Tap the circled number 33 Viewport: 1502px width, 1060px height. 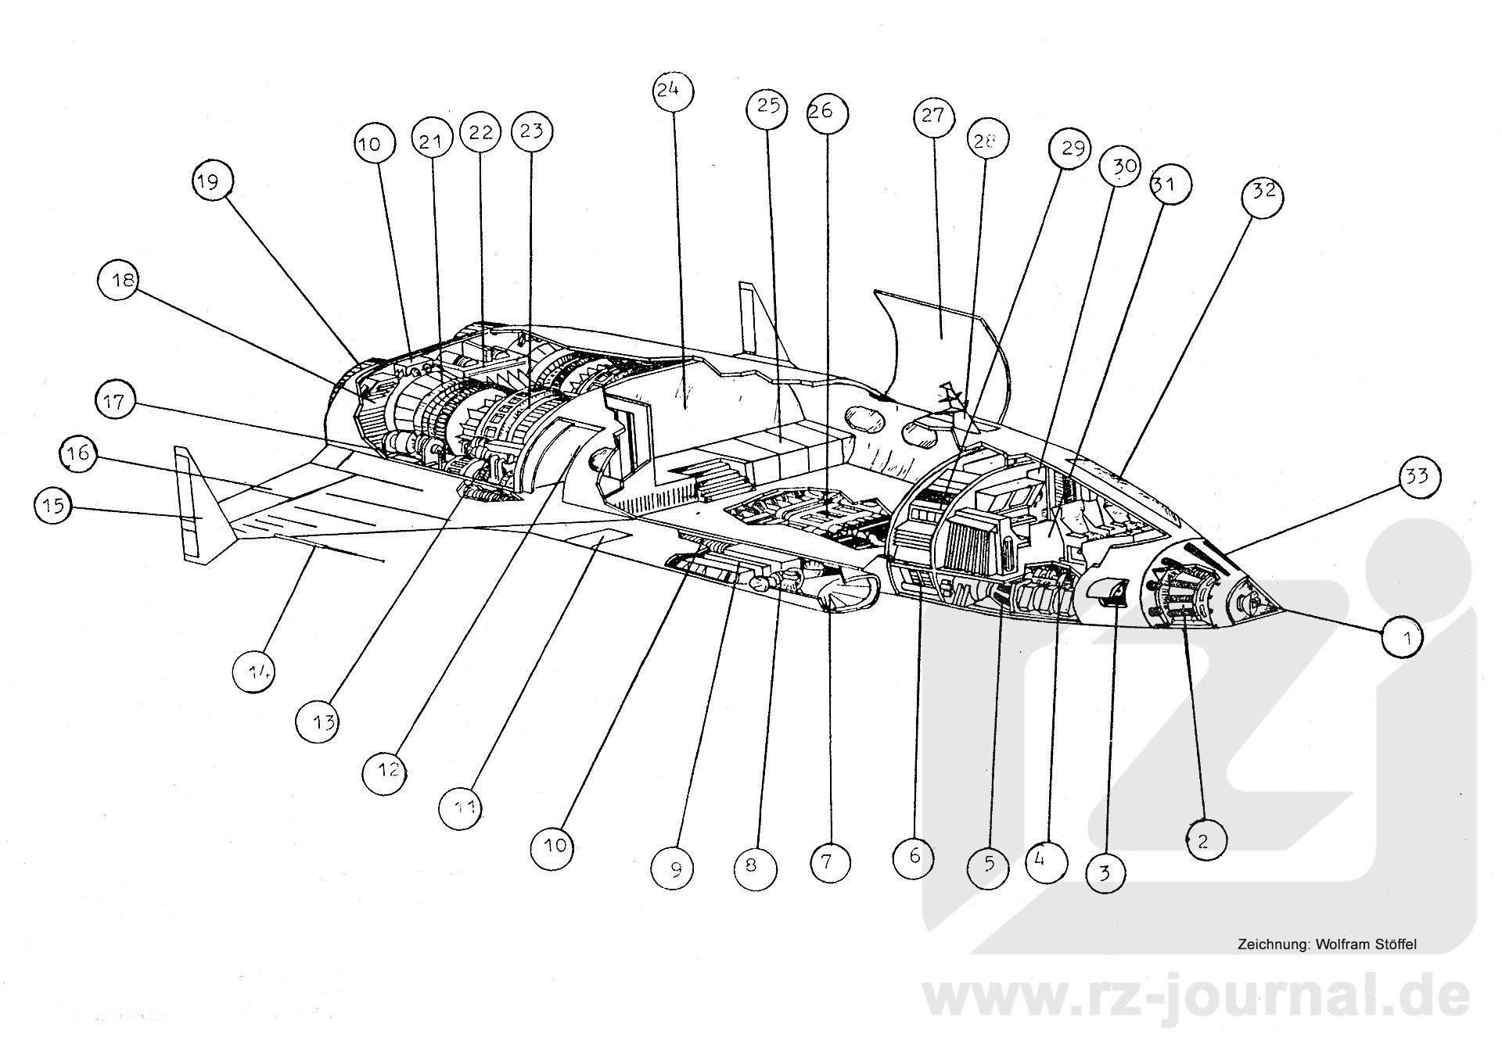[x=1418, y=476]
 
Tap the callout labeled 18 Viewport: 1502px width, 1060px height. [x=121, y=281]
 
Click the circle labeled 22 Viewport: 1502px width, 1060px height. [x=481, y=133]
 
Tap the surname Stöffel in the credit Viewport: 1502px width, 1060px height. [x=1395, y=944]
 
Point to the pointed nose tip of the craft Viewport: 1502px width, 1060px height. [x=1280, y=609]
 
